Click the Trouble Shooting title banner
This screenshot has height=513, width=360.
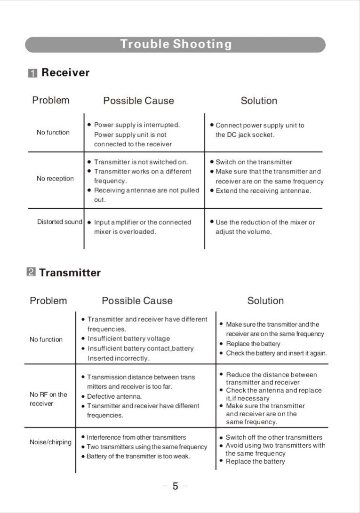pos(175,45)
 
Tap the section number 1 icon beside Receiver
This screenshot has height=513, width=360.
pos(32,73)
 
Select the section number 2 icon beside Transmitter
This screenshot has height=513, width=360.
pos(31,273)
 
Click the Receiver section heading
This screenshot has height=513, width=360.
pos(65,73)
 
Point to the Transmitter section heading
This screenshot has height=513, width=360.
pos(70,273)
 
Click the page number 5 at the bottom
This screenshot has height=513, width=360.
pos(175,486)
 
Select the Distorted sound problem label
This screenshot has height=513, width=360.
pos(60,222)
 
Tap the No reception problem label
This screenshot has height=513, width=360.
pos(55,179)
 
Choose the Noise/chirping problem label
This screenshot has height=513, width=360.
pos(50,442)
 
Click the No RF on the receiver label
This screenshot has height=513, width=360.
pos(48,399)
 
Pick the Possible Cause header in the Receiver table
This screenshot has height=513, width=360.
pos(138,101)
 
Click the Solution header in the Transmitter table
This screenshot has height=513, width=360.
pos(265,300)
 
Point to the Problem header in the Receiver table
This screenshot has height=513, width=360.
pos(50,100)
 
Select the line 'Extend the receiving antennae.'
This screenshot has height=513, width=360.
pos(263,191)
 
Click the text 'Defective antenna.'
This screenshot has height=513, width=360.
pos(114,396)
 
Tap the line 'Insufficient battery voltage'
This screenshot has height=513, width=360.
pos(128,339)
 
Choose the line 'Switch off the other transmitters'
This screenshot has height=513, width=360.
pos(274,437)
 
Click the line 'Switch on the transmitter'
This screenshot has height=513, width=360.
pos(254,162)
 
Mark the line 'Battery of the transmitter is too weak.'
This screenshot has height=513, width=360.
pos(138,457)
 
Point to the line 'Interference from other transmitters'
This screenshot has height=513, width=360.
pos(136,437)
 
